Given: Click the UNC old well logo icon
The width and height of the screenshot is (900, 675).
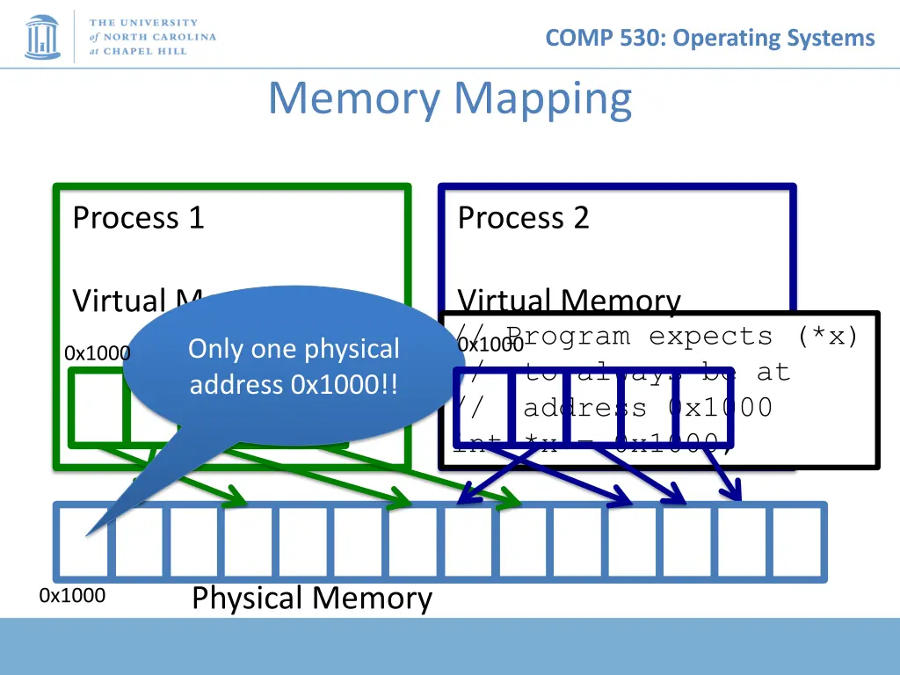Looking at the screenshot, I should (42, 34).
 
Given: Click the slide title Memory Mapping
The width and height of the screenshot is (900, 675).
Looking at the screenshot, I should (450, 98).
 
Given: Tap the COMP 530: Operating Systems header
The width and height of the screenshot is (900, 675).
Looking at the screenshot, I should (709, 38).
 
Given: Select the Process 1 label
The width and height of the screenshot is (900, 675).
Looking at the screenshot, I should (138, 217).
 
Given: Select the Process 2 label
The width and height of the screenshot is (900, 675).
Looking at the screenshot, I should (523, 217).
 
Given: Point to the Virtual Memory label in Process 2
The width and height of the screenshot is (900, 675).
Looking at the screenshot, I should (569, 301).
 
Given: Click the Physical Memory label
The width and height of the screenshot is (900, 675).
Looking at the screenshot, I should (311, 599).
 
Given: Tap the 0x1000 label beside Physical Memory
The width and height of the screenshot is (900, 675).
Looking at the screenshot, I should (72, 596).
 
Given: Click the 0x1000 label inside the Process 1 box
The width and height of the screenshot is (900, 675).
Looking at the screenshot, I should (97, 353).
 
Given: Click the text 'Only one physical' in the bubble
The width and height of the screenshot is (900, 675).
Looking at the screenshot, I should (294, 349).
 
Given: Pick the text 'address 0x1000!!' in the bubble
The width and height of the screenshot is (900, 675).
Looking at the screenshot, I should (294, 385).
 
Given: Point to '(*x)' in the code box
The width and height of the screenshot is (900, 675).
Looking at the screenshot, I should (828, 337).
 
